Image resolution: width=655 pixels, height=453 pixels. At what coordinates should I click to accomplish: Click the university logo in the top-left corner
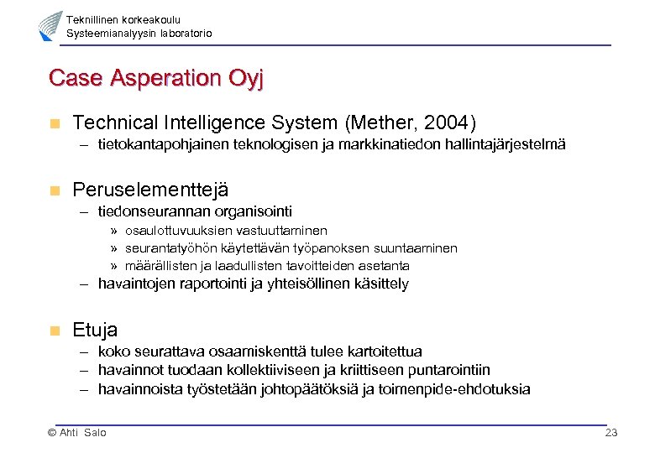point(50,26)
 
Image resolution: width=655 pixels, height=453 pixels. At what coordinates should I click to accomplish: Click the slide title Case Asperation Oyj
point(156,78)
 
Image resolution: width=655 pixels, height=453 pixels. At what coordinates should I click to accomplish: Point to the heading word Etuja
point(95,330)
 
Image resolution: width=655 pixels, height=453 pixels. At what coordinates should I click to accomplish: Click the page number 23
point(610,432)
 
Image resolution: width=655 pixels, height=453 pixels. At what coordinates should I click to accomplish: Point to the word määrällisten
point(158,266)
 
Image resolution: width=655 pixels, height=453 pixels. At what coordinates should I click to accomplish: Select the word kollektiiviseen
point(269,370)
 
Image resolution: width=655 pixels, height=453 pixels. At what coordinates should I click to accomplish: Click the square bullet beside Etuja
point(55,331)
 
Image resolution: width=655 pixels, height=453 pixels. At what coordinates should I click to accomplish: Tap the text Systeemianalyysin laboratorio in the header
point(139,34)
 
